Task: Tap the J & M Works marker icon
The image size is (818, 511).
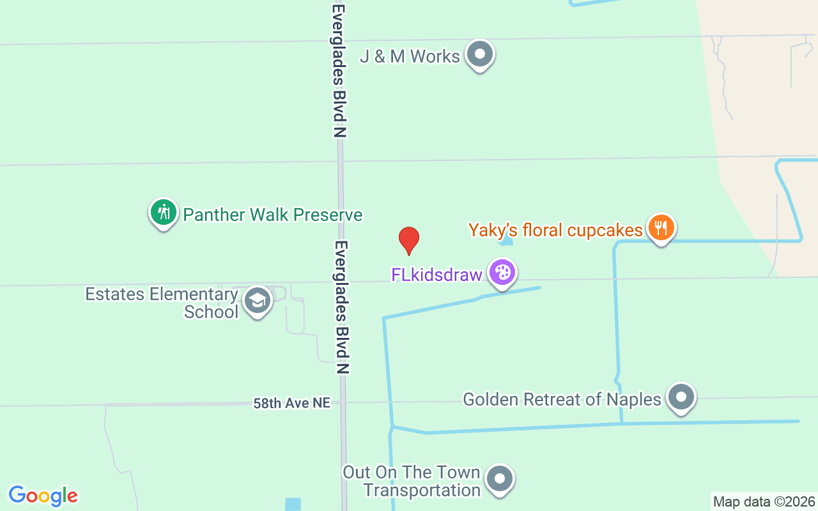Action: (479, 55)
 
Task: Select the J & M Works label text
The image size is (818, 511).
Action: (410, 56)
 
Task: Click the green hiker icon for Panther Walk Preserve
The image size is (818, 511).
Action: (164, 212)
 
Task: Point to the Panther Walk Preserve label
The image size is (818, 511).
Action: (273, 215)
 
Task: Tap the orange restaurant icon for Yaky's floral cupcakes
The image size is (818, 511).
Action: (661, 227)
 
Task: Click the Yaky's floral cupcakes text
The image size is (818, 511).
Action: (555, 230)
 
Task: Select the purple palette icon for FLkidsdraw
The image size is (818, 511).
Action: (502, 273)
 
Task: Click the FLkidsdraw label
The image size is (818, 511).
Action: (436, 275)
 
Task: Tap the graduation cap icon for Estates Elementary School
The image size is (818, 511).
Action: (257, 300)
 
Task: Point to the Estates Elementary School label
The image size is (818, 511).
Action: (162, 303)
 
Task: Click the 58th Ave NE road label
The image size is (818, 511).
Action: (292, 403)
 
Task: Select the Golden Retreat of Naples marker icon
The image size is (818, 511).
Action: (681, 397)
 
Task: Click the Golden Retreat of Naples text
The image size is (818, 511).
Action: (562, 399)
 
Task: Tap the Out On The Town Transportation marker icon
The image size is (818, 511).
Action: (500, 478)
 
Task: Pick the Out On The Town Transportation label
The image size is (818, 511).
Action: (412, 481)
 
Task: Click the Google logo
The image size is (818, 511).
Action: (43, 496)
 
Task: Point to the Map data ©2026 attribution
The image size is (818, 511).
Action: (764, 501)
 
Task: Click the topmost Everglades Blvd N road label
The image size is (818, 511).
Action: (339, 70)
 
